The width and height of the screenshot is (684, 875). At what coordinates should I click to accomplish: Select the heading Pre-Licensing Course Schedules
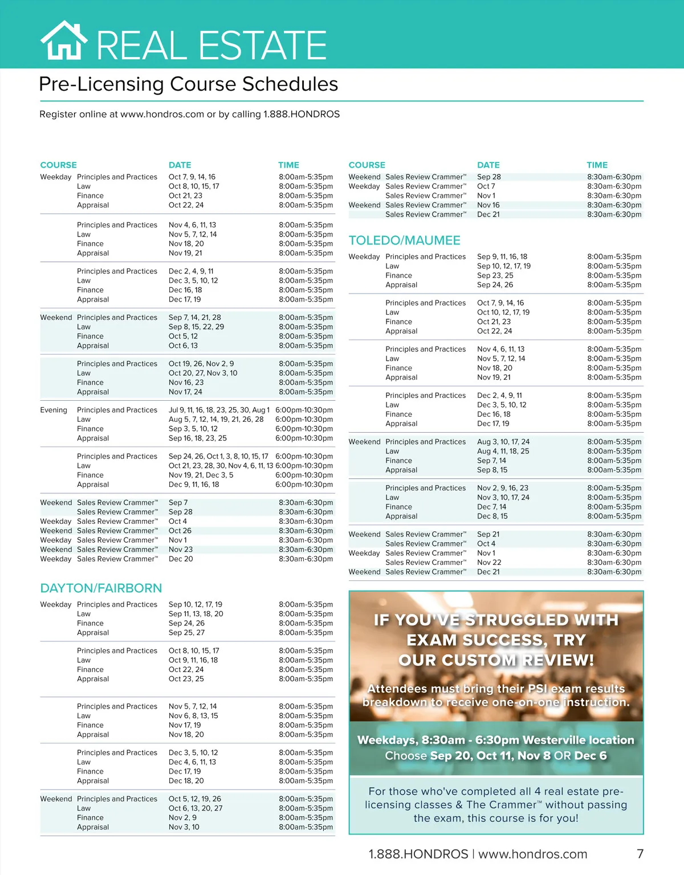point(188,84)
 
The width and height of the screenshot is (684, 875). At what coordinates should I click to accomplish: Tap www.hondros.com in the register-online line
point(162,114)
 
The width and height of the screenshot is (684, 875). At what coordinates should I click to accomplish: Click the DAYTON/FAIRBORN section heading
point(101,588)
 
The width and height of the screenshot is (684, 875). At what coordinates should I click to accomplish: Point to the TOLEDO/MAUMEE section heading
point(404,241)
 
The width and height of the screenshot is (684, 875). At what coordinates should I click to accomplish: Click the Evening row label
point(54,410)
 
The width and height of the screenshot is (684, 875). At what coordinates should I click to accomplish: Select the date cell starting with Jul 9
point(218,410)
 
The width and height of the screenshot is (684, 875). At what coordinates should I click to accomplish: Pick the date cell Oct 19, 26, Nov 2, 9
point(201,364)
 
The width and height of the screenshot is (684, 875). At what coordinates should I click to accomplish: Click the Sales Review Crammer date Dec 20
point(181,559)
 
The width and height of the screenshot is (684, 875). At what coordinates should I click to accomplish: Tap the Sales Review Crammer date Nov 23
point(181,550)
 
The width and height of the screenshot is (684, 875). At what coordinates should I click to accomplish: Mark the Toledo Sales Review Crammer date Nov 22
point(489,562)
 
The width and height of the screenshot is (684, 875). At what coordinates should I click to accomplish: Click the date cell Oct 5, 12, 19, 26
point(194,799)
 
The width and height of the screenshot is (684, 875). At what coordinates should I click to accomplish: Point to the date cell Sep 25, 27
point(186,633)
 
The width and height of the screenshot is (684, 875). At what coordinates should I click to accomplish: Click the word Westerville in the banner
point(555,740)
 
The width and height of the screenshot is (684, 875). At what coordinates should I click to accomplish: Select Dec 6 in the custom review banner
point(591,756)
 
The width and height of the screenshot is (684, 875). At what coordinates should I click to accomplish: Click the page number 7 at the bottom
point(640,854)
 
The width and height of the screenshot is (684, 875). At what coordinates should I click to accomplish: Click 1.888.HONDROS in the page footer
point(418,854)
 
